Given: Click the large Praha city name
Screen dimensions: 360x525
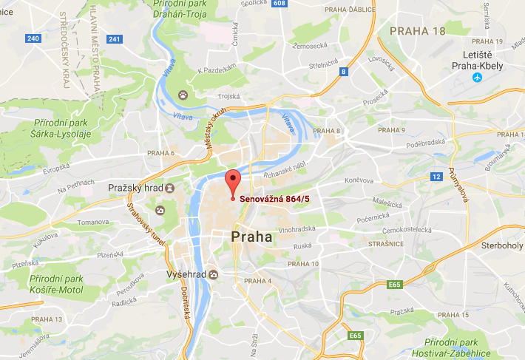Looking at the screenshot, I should coord(251,237).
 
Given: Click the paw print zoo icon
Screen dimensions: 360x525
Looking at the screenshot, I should coord(182,95).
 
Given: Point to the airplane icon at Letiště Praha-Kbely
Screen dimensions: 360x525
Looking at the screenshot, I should coord(476,77).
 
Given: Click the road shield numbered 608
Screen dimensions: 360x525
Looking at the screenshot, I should coord(278,4).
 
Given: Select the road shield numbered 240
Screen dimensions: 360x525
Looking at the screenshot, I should coord(33,38).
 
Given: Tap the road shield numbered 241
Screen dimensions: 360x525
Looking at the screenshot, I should coord(113,38).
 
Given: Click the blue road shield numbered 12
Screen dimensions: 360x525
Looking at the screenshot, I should coord(437,176).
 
